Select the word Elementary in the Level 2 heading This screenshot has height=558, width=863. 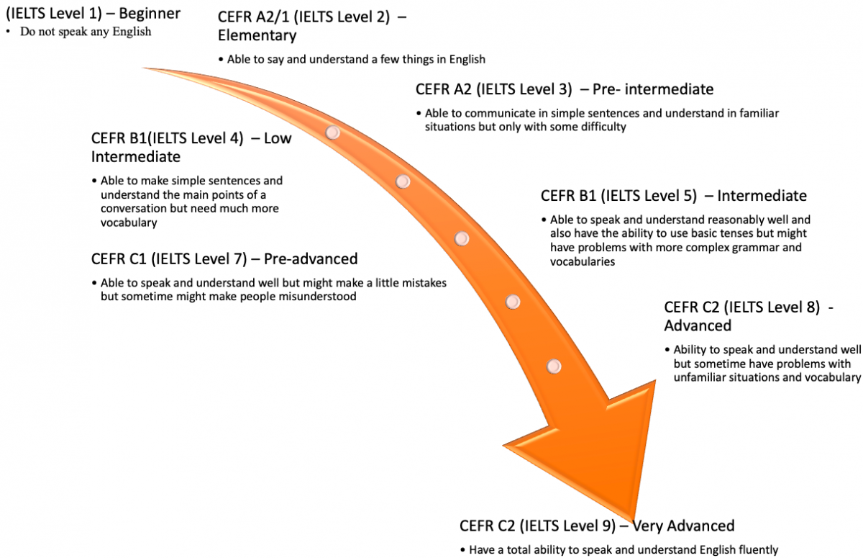(257, 35)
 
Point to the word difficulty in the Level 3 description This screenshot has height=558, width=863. (602, 127)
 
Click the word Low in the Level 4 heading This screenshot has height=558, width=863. (278, 139)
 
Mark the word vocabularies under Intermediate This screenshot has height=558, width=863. (583, 262)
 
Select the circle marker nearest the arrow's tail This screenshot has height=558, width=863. (333, 132)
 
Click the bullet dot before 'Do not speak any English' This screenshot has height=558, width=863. (9, 32)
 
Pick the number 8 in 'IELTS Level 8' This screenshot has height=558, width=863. (813, 307)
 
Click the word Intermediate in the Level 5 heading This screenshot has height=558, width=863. (762, 196)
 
